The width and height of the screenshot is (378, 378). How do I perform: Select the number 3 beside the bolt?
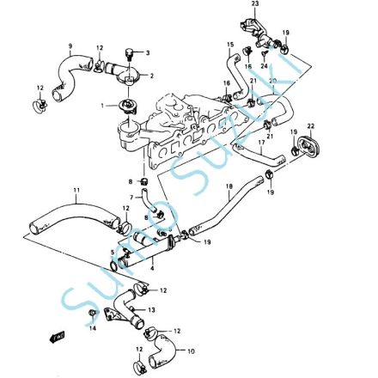pos(147,52)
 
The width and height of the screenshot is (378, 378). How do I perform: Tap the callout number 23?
pos(254,5)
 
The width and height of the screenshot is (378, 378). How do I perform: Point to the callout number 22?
pos(310,127)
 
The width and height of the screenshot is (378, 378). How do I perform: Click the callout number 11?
pos(76,189)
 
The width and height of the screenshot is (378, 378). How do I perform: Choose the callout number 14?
pos(94,329)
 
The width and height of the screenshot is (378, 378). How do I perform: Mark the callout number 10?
pos(191,350)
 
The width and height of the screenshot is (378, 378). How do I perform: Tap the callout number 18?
pos(229,186)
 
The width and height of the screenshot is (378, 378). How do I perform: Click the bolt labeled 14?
pos(93,316)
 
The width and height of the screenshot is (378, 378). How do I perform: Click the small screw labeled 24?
pos(265,54)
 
